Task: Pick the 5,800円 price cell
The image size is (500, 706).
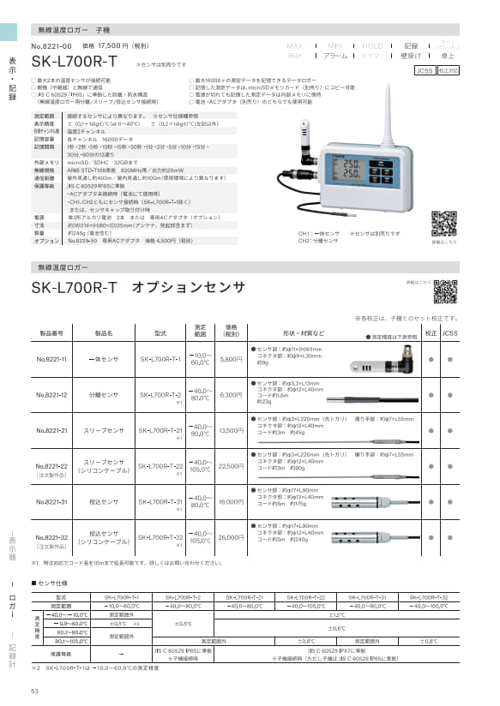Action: coord(232,359)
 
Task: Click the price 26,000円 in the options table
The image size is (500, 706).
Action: coord(232,537)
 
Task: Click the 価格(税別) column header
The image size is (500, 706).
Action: coord(232,331)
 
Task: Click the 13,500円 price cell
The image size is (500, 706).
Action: coord(232,431)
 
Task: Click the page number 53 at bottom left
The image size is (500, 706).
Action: coord(35,691)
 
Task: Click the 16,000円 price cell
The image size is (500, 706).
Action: coord(232,501)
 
